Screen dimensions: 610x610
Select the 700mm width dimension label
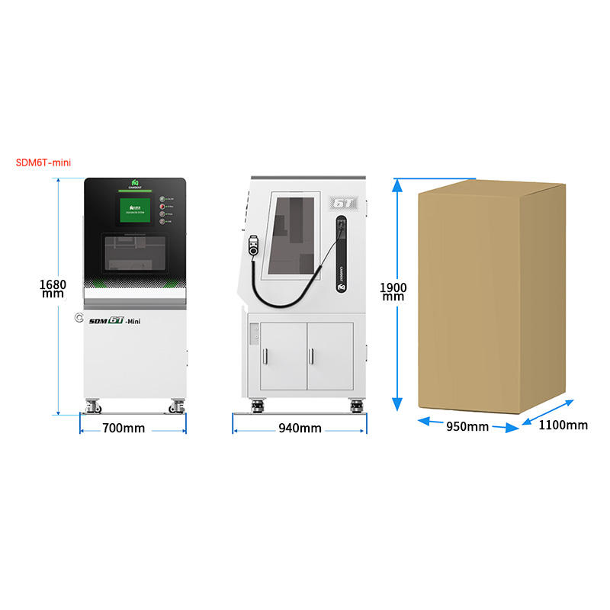pyautogui.click(x=123, y=428)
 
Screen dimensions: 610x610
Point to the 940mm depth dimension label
pyautogui.click(x=300, y=428)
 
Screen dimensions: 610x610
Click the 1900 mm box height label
pyautogui.click(x=393, y=291)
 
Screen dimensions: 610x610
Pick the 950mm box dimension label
pyautogui.click(x=467, y=426)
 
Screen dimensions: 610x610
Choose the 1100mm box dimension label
pyautogui.click(x=563, y=425)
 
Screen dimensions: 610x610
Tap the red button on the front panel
pyautogui.click(x=162, y=197)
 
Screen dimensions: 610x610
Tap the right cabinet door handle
pyautogui.click(x=312, y=355)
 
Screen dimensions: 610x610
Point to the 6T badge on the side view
pyautogui.click(x=341, y=204)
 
